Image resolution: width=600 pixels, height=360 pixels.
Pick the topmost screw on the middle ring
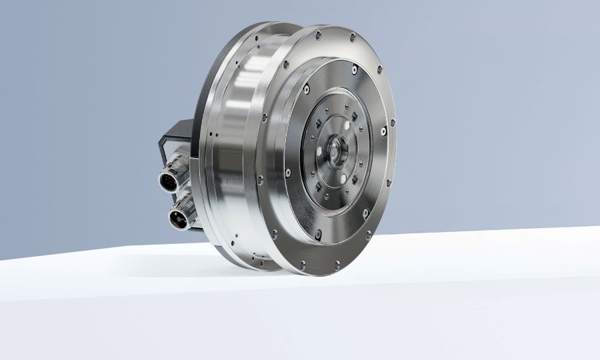(354, 69)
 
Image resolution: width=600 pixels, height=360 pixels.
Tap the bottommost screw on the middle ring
(318, 234)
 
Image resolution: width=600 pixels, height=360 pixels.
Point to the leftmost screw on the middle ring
(287, 172)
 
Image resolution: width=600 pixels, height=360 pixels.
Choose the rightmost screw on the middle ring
(384, 131)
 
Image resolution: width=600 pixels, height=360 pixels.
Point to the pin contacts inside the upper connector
(166, 179)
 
